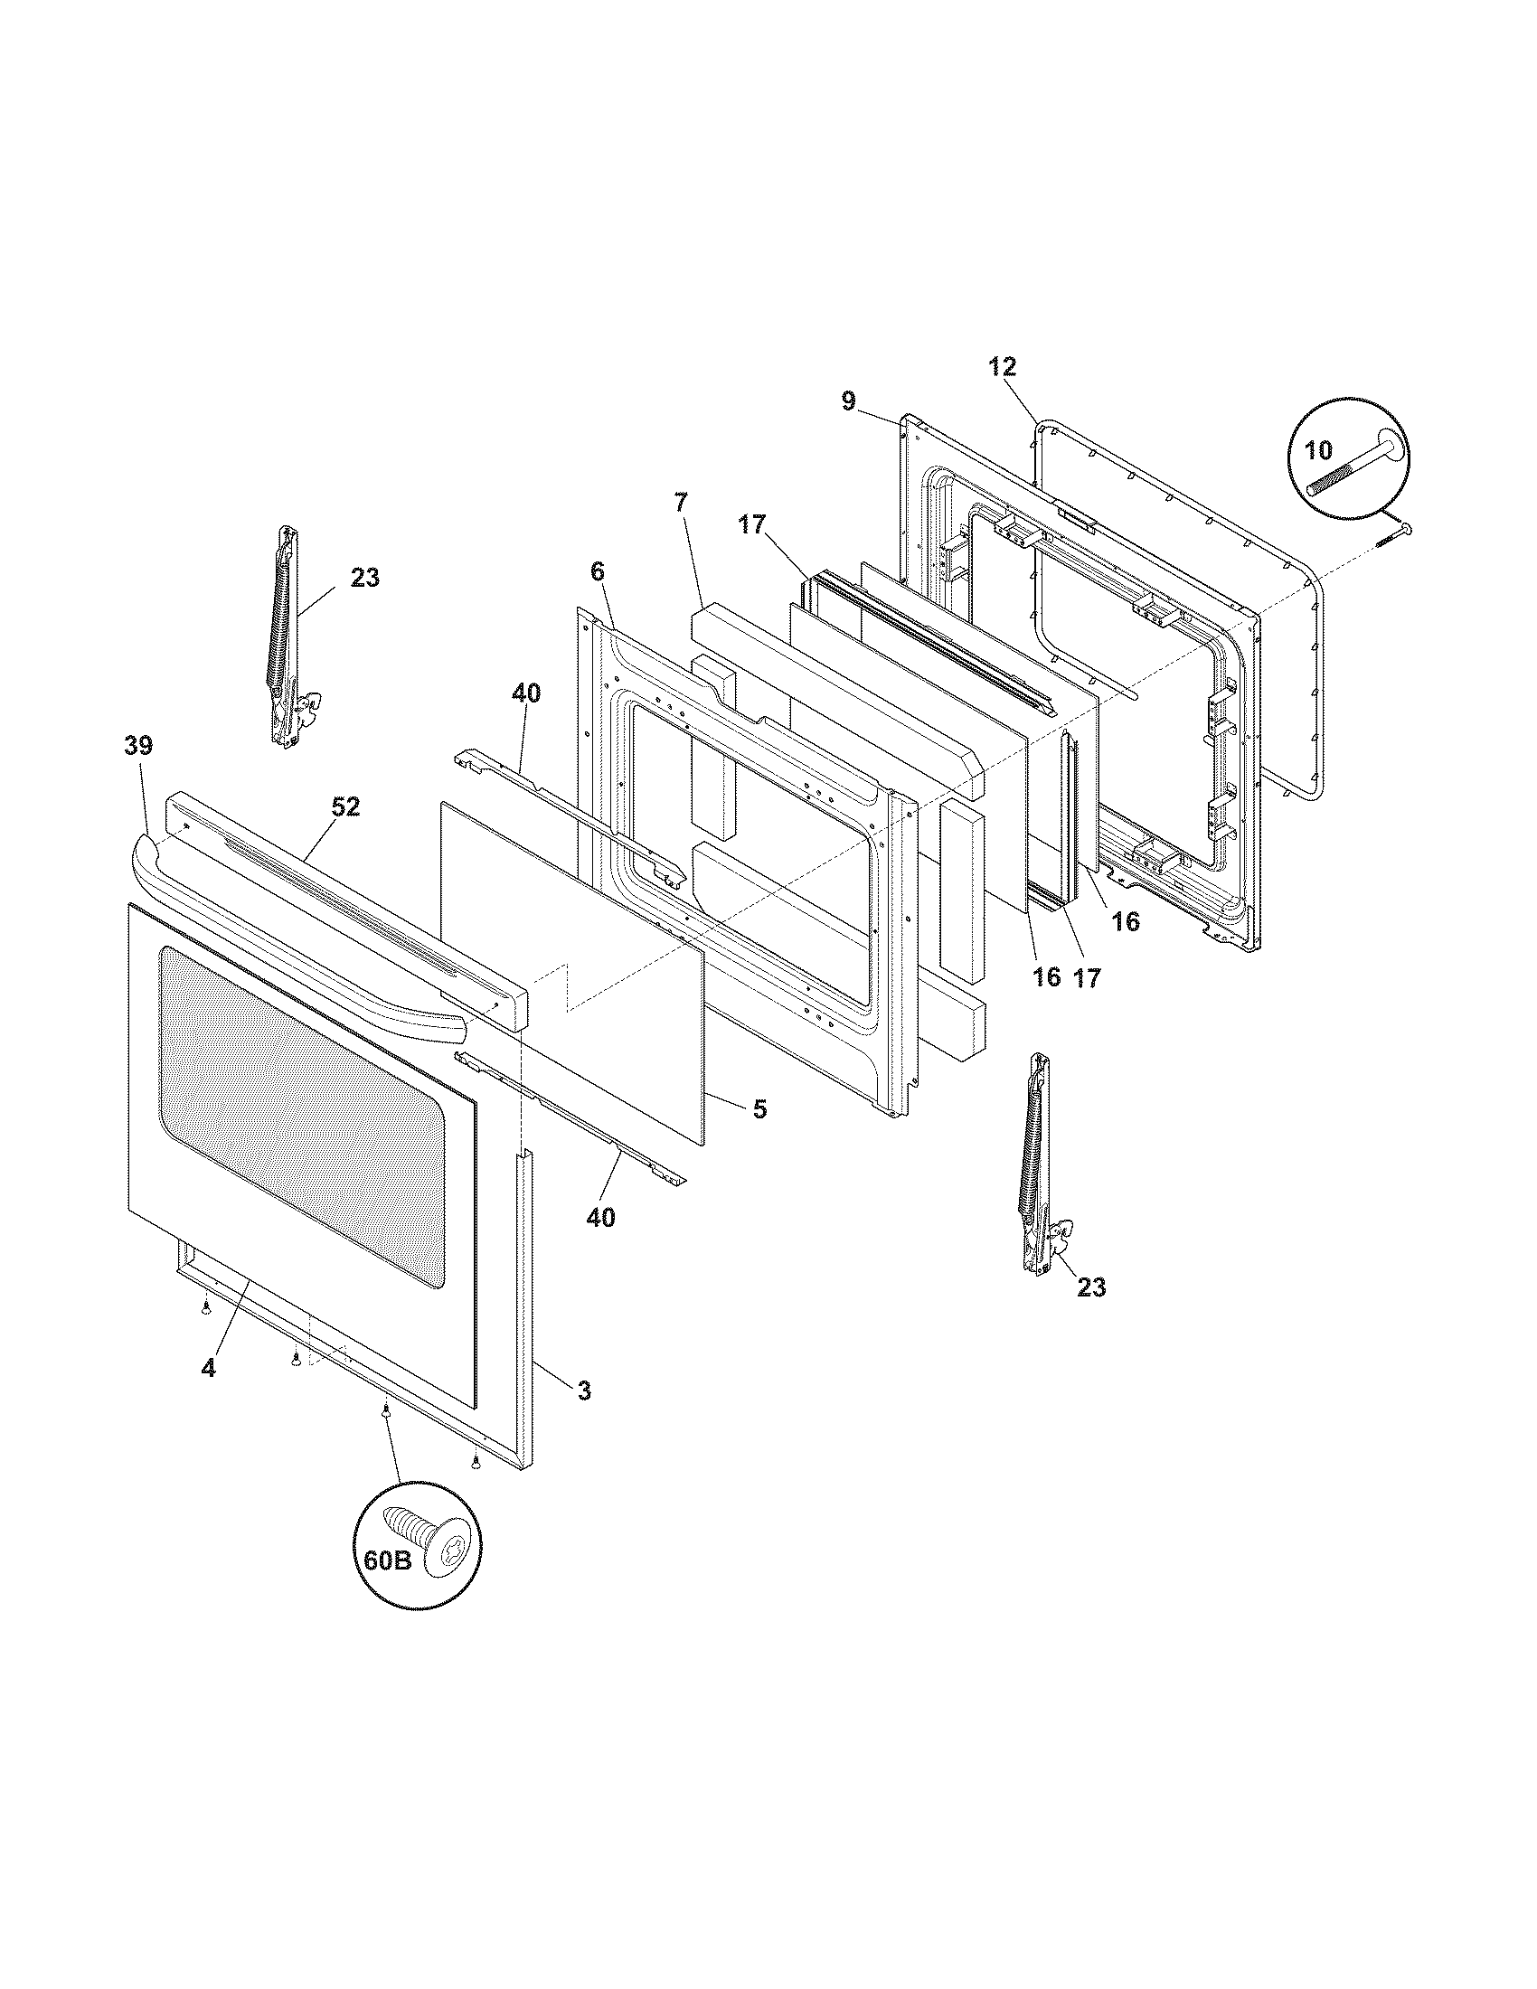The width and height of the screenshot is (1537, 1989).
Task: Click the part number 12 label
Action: point(1003,367)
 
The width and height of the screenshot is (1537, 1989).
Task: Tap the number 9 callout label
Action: point(848,401)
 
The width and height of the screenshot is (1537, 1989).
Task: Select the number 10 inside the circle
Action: point(1317,449)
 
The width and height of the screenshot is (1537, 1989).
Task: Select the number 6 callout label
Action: point(597,571)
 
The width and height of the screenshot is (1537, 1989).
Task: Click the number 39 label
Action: point(138,746)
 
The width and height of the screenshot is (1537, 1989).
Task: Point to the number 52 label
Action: point(345,806)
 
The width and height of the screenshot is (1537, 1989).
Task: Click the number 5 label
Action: point(759,1108)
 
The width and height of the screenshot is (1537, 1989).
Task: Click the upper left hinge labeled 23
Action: point(288,637)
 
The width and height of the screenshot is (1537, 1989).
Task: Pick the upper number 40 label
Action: point(525,693)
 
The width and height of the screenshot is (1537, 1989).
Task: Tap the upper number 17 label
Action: point(752,525)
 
